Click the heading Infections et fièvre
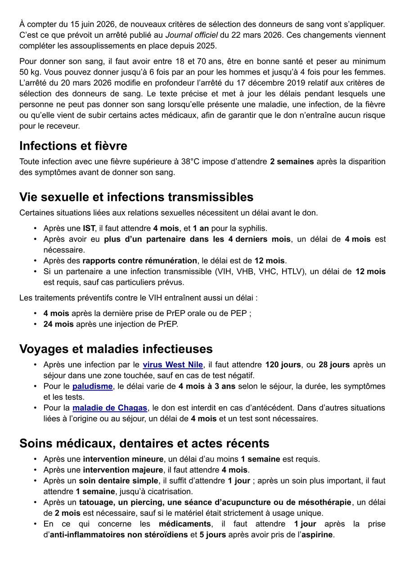coord(73,146)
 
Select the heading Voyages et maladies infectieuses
coord(116,349)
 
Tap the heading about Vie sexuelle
coord(136,197)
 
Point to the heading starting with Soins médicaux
coord(144,443)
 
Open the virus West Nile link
coord(173,365)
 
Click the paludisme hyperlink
coord(92,386)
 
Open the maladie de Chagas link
coord(110,408)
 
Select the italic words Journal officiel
coord(192,35)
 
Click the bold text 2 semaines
coord(292,162)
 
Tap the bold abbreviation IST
coord(89,229)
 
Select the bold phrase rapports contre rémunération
coord(139,261)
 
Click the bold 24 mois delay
coord(56,324)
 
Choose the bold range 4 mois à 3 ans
coord(207,386)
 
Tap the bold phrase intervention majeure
coord(123,470)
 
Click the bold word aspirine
coord(317,535)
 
